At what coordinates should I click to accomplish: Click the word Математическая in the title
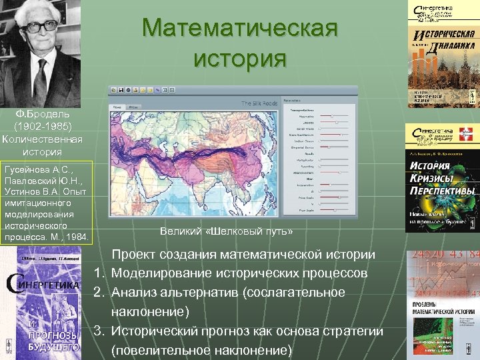click(x=240, y=29)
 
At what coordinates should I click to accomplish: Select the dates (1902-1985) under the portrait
click(x=43, y=126)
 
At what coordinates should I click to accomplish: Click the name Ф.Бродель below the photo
click(x=43, y=114)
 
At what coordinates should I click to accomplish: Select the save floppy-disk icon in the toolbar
click(x=121, y=89)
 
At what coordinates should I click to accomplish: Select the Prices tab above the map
click(x=133, y=107)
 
